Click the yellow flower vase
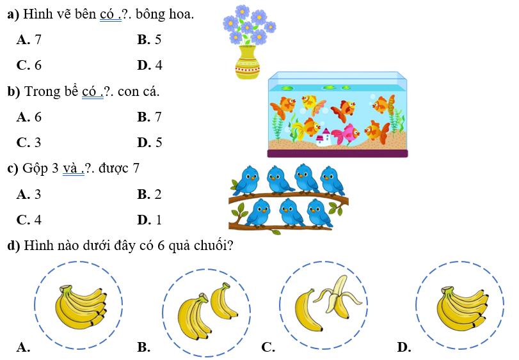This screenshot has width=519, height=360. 247,63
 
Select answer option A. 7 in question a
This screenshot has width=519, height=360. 29,40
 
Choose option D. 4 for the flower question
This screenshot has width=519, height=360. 150,65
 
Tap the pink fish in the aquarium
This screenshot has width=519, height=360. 346,134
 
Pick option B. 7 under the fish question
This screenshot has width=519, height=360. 150,117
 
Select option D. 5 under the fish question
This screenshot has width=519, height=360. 150,142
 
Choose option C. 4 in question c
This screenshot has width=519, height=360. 29,220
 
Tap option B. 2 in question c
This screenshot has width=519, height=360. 150,194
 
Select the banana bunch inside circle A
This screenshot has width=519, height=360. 79,306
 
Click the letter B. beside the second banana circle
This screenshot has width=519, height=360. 143,347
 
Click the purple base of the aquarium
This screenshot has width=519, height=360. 337,153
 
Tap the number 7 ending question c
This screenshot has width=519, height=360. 136,169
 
